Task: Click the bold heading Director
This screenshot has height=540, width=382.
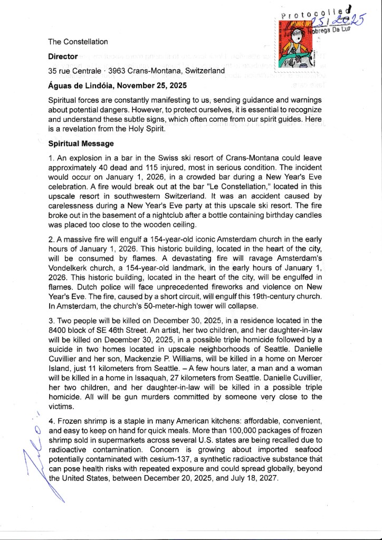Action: click(63, 56)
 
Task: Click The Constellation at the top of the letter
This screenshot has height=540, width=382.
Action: click(78, 41)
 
